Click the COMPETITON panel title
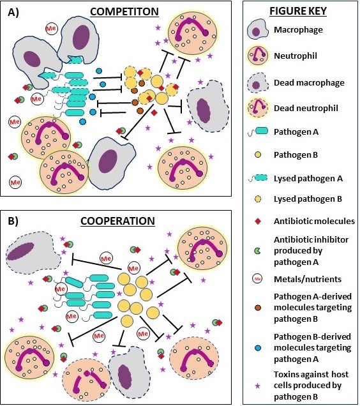[x=124, y=12]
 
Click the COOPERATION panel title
[x=117, y=221]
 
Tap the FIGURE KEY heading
[x=298, y=11]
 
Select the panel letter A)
[x=13, y=12]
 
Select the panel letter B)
[x=13, y=221]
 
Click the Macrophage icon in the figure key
[x=256, y=29]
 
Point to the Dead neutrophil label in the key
[x=306, y=108]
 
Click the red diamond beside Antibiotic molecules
[x=258, y=221]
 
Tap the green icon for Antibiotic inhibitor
[x=257, y=251]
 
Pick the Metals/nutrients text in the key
[x=308, y=279]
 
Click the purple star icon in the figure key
[x=258, y=386]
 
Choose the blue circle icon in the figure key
[x=258, y=349]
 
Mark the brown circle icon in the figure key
[x=258, y=308]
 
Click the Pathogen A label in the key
[x=296, y=132]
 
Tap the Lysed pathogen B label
[x=308, y=199]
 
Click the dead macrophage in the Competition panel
[x=207, y=107]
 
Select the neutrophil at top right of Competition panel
[x=192, y=33]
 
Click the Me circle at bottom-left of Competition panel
[x=15, y=183]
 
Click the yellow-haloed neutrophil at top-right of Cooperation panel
[x=202, y=248]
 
